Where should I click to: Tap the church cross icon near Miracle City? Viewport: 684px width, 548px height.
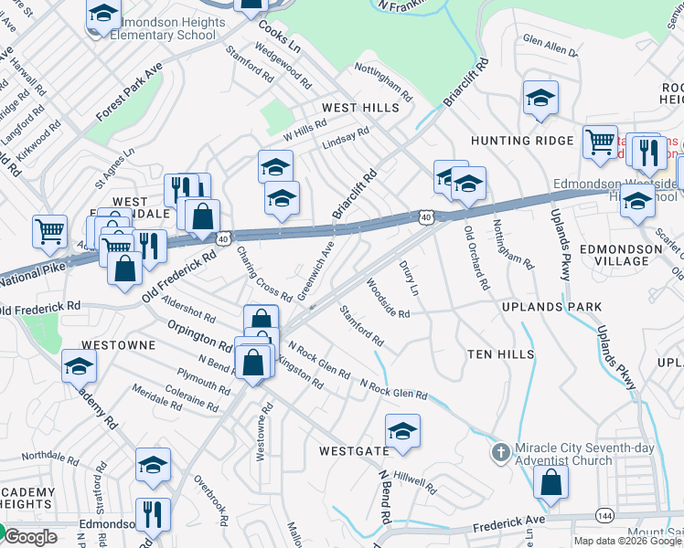501,451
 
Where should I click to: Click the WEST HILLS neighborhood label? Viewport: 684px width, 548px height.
360,108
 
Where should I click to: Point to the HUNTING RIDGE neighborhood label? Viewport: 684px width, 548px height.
513,141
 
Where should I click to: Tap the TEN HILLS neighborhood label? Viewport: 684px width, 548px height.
499,353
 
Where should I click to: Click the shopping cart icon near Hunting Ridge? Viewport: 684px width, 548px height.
600,142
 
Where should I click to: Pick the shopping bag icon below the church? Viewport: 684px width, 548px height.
550,483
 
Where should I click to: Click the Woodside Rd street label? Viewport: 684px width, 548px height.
387,299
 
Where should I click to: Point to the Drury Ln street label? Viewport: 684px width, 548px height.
408,278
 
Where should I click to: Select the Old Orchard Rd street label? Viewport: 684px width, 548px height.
474,258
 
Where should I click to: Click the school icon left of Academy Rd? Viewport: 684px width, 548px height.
79,367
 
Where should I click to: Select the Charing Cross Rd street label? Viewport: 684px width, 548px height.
263,274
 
